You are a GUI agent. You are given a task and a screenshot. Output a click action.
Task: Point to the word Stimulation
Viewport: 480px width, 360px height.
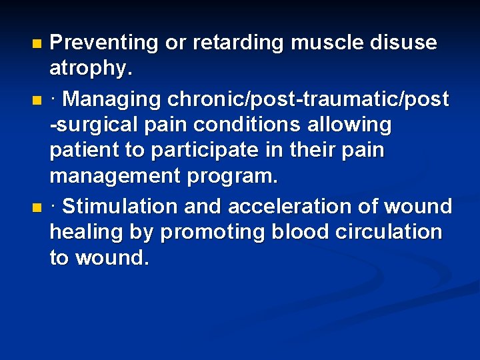[x=121, y=206]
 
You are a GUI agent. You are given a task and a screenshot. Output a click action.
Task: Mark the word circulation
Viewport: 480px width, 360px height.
[x=394, y=233]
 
